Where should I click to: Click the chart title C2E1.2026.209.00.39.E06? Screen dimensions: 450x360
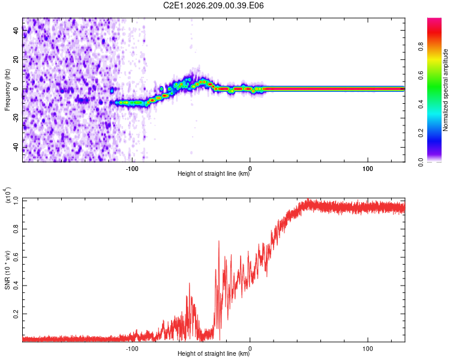(x=213, y=5)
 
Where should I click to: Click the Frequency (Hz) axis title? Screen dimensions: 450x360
(x=7, y=90)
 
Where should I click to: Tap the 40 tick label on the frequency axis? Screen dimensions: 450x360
(x=16, y=30)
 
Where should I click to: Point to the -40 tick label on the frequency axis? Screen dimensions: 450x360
(x=16, y=148)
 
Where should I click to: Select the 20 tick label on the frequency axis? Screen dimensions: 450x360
(x=16, y=60)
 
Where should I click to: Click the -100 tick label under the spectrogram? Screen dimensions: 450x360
(x=132, y=169)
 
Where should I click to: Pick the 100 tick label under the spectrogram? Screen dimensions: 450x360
(x=368, y=169)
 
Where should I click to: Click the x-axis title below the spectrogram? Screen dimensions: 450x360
(x=214, y=173)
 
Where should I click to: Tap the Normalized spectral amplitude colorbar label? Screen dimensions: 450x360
(x=445, y=90)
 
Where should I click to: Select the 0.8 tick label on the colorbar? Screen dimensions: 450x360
(x=421, y=46)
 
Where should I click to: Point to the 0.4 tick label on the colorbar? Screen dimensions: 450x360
(x=421, y=104)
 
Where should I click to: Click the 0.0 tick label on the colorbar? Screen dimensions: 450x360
(x=421, y=162)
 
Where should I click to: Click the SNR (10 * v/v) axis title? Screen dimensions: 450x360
(x=7, y=270)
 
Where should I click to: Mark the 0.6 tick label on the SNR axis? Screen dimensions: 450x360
(x=16, y=257)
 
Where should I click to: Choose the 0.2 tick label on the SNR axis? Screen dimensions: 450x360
(x=16, y=314)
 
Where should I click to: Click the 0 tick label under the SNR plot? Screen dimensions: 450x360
(x=250, y=349)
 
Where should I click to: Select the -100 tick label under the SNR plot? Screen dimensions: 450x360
(x=132, y=349)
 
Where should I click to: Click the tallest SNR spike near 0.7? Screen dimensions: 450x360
(x=219, y=242)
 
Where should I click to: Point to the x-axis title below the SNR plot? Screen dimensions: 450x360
(x=214, y=353)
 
